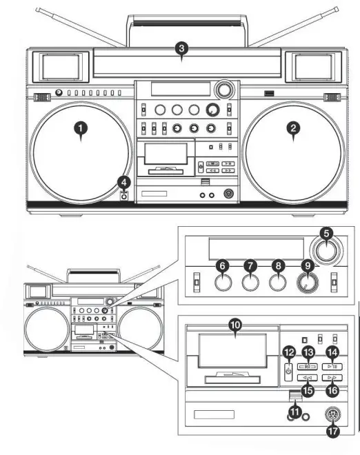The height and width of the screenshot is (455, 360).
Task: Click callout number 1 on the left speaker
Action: [81, 128]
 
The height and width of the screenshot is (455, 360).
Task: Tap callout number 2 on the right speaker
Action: [294, 128]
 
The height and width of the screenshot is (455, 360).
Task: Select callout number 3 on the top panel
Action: [181, 48]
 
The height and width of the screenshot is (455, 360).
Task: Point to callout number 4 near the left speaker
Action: [124, 182]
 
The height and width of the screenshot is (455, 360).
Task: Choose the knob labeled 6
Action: [222, 283]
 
